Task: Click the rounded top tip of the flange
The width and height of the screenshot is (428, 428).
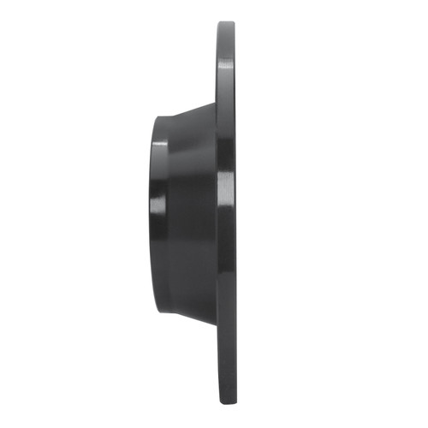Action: tap(225, 25)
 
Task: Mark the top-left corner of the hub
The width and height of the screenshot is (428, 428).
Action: tap(158, 116)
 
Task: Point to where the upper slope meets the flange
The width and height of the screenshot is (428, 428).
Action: tap(215, 102)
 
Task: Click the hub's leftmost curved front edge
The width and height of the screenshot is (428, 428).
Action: tap(152, 214)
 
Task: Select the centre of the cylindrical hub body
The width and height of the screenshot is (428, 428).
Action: tap(190, 214)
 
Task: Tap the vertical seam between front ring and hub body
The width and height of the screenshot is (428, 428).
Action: tap(169, 214)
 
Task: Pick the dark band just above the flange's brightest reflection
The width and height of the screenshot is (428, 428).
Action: tap(224, 154)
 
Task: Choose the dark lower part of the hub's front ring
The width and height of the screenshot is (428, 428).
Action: tap(160, 274)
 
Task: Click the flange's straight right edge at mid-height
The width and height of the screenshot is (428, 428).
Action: tap(235, 214)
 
